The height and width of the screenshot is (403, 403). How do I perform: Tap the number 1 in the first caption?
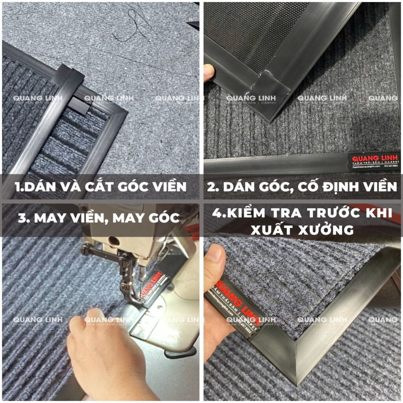pyautogui.click(x=16, y=186)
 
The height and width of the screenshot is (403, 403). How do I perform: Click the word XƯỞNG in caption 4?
pyautogui.click(x=327, y=230)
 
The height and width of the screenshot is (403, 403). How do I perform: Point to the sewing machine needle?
pyautogui.click(x=139, y=275)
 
